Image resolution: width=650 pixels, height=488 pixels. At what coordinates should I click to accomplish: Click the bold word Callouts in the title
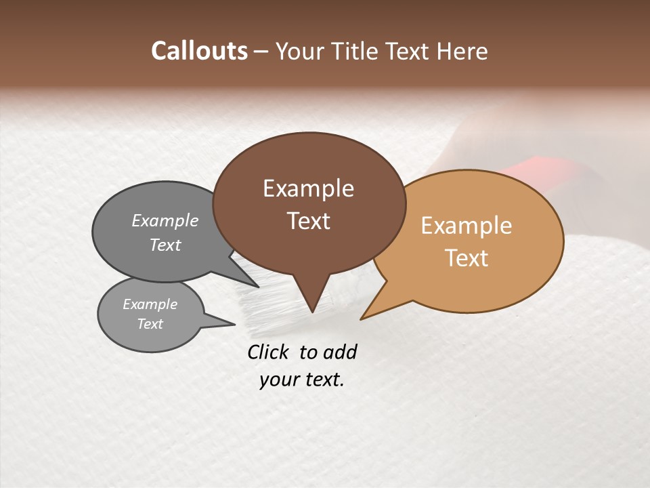point(199,51)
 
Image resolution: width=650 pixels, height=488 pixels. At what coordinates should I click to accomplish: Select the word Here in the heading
point(463,51)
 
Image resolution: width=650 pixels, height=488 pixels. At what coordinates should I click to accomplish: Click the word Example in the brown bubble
point(308,188)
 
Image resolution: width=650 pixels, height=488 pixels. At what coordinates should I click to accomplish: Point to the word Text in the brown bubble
point(308,220)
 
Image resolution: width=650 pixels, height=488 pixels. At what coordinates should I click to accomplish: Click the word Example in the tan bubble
point(467,226)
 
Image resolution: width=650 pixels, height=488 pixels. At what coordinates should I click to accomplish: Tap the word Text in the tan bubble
point(467,258)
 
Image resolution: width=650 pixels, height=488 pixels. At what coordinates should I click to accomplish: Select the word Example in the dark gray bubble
point(165,220)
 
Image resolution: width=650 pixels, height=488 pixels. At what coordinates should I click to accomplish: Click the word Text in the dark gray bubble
point(165,245)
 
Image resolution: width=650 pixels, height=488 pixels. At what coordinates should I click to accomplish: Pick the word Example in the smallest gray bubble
point(150,304)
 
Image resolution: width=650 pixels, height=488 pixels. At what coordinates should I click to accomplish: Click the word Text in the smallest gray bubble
point(150,324)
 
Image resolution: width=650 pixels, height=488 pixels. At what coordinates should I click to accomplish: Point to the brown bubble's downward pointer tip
point(312,311)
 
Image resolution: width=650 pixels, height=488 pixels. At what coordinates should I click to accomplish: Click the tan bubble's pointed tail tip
point(362,318)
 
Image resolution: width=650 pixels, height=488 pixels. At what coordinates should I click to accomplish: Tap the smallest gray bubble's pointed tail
point(230,323)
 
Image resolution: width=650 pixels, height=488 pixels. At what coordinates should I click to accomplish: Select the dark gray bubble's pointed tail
point(256,285)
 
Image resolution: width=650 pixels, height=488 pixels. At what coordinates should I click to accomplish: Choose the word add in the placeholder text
point(339,352)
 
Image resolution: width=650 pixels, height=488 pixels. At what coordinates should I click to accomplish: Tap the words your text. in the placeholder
point(302,380)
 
